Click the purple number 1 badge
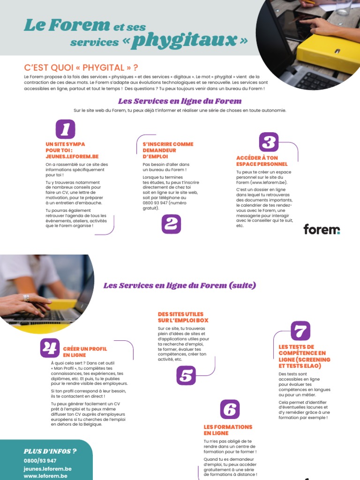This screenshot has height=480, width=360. point(65,129)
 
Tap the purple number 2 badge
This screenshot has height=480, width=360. point(171,224)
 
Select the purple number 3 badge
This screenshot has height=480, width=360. point(269,142)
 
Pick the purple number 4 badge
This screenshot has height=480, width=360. point(50,348)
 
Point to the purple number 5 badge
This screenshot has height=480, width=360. point(186,375)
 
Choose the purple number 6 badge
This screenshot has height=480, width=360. point(230,409)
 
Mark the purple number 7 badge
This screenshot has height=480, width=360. point(300,331)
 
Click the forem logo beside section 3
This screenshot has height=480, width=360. point(322,229)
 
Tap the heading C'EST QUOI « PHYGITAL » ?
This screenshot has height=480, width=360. point(81,68)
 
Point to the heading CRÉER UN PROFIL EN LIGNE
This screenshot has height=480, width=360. point(85,352)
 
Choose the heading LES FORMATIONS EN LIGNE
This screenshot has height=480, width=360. point(228,430)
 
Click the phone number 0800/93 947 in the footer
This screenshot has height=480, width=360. point(40,461)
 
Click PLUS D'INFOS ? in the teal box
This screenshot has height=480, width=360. point(50,451)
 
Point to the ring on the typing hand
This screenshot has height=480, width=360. point(26,297)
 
